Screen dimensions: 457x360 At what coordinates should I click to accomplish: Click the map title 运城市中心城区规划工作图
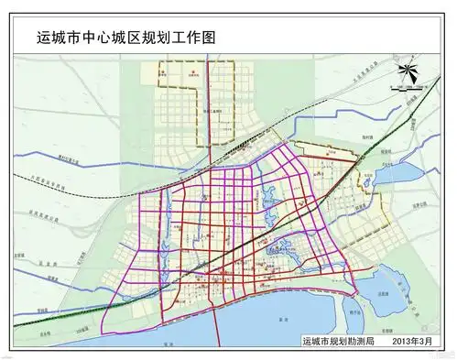tap(127, 38)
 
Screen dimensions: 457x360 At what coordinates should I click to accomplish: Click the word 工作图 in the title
tap(201, 38)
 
